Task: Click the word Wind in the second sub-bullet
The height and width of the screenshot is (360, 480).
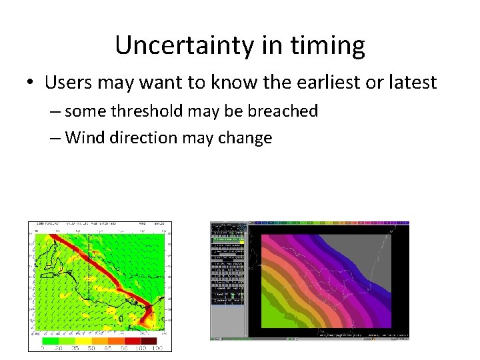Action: pyautogui.click(x=82, y=138)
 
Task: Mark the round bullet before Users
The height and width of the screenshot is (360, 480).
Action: pyautogui.click(x=31, y=83)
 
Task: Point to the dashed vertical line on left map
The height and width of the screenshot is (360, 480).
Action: pyautogui.click(x=89, y=267)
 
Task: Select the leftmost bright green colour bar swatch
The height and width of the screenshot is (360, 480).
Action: pyautogui.click(x=48, y=340)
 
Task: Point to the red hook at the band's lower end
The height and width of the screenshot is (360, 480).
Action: pyautogui.click(x=150, y=313)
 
